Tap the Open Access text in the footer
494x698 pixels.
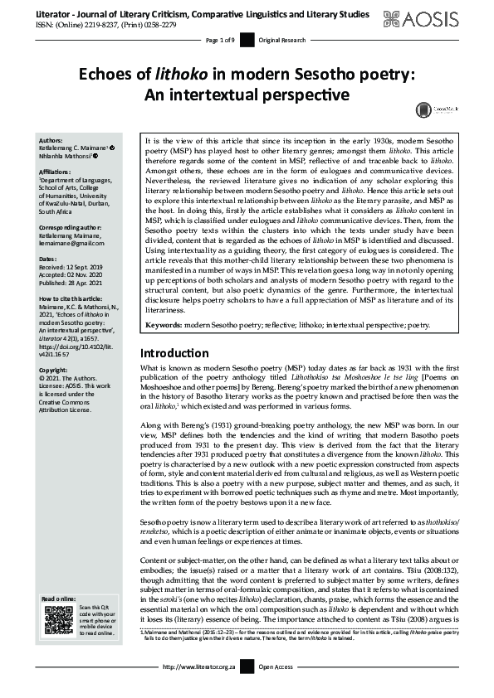[278, 690]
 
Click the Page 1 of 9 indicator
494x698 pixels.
[221, 40]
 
